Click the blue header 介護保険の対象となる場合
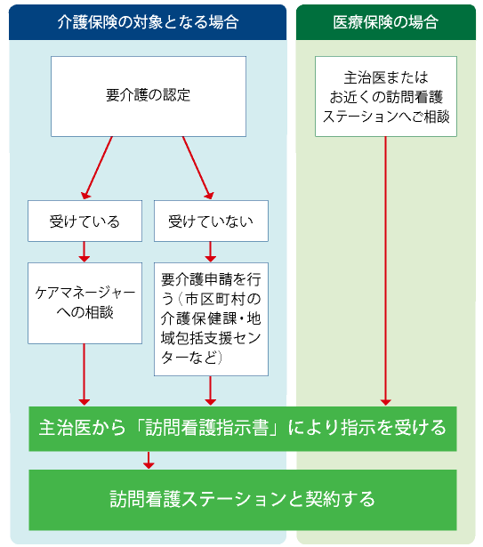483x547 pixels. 148,22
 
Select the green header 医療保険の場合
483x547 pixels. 386,22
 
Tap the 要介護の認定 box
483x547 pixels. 148,95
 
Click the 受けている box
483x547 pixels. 85,221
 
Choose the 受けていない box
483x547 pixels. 211,221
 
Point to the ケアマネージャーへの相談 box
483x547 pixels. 85,302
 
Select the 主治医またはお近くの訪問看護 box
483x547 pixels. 386,96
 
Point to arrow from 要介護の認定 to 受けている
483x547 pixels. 97,167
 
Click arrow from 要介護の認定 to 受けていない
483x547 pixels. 197,167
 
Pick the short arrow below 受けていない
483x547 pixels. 211,251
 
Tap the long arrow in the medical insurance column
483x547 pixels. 386,267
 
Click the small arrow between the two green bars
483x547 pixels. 149,460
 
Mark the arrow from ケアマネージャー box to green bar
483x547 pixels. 85,374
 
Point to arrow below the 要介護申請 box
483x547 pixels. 211,390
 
